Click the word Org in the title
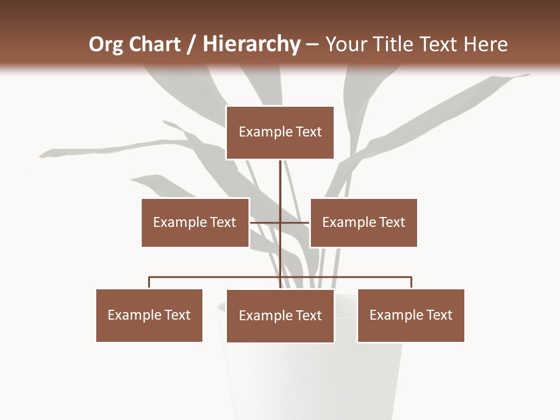pos(106,44)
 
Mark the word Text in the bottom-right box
pos(439,315)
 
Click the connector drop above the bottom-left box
pos(149,282)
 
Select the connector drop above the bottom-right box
pos(411,282)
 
